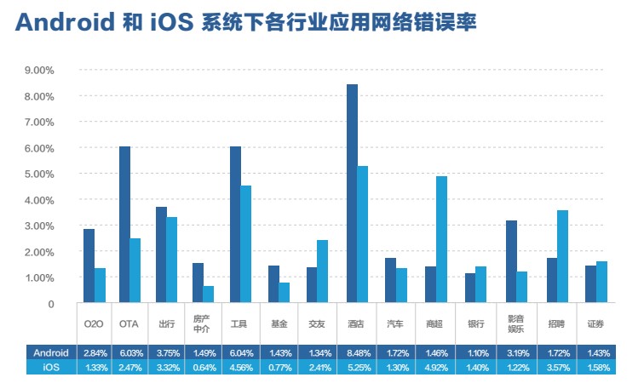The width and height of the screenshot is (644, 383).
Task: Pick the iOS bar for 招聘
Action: coord(562,256)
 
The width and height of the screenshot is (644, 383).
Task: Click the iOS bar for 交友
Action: coord(321,271)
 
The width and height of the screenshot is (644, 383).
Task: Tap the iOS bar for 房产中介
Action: coord(209,294)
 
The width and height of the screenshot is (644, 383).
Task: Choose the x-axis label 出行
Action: coord(167,324)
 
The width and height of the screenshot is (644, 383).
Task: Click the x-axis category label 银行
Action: coord(475,324)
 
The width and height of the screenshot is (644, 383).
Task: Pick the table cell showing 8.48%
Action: coord(356,352)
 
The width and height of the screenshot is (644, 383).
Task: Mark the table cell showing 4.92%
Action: coord(435,367)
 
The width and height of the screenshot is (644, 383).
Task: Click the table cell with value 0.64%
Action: coord(204,367)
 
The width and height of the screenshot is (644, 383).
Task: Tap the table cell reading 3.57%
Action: coord(557,367)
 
